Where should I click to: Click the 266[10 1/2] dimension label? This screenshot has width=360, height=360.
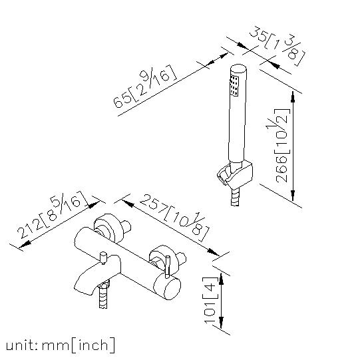point(282,145)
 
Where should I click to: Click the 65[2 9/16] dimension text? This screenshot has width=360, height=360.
point(145,87)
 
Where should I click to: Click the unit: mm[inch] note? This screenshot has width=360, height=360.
point(60,345)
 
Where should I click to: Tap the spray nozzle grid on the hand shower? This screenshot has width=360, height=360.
point(234,85)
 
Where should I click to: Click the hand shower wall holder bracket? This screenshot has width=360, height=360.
point(235,173)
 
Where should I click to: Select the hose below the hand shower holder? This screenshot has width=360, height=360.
point(235,196)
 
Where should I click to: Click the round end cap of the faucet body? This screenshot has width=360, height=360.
point(167,287)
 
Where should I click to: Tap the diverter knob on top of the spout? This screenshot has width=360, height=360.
point(103,258)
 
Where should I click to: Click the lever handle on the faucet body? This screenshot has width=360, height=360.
point(168,266)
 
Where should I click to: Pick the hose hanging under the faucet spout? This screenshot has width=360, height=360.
point(103,295)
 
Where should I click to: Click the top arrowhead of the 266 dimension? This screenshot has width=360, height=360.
point(293,97)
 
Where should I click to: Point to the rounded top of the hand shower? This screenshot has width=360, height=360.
point(239,69)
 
